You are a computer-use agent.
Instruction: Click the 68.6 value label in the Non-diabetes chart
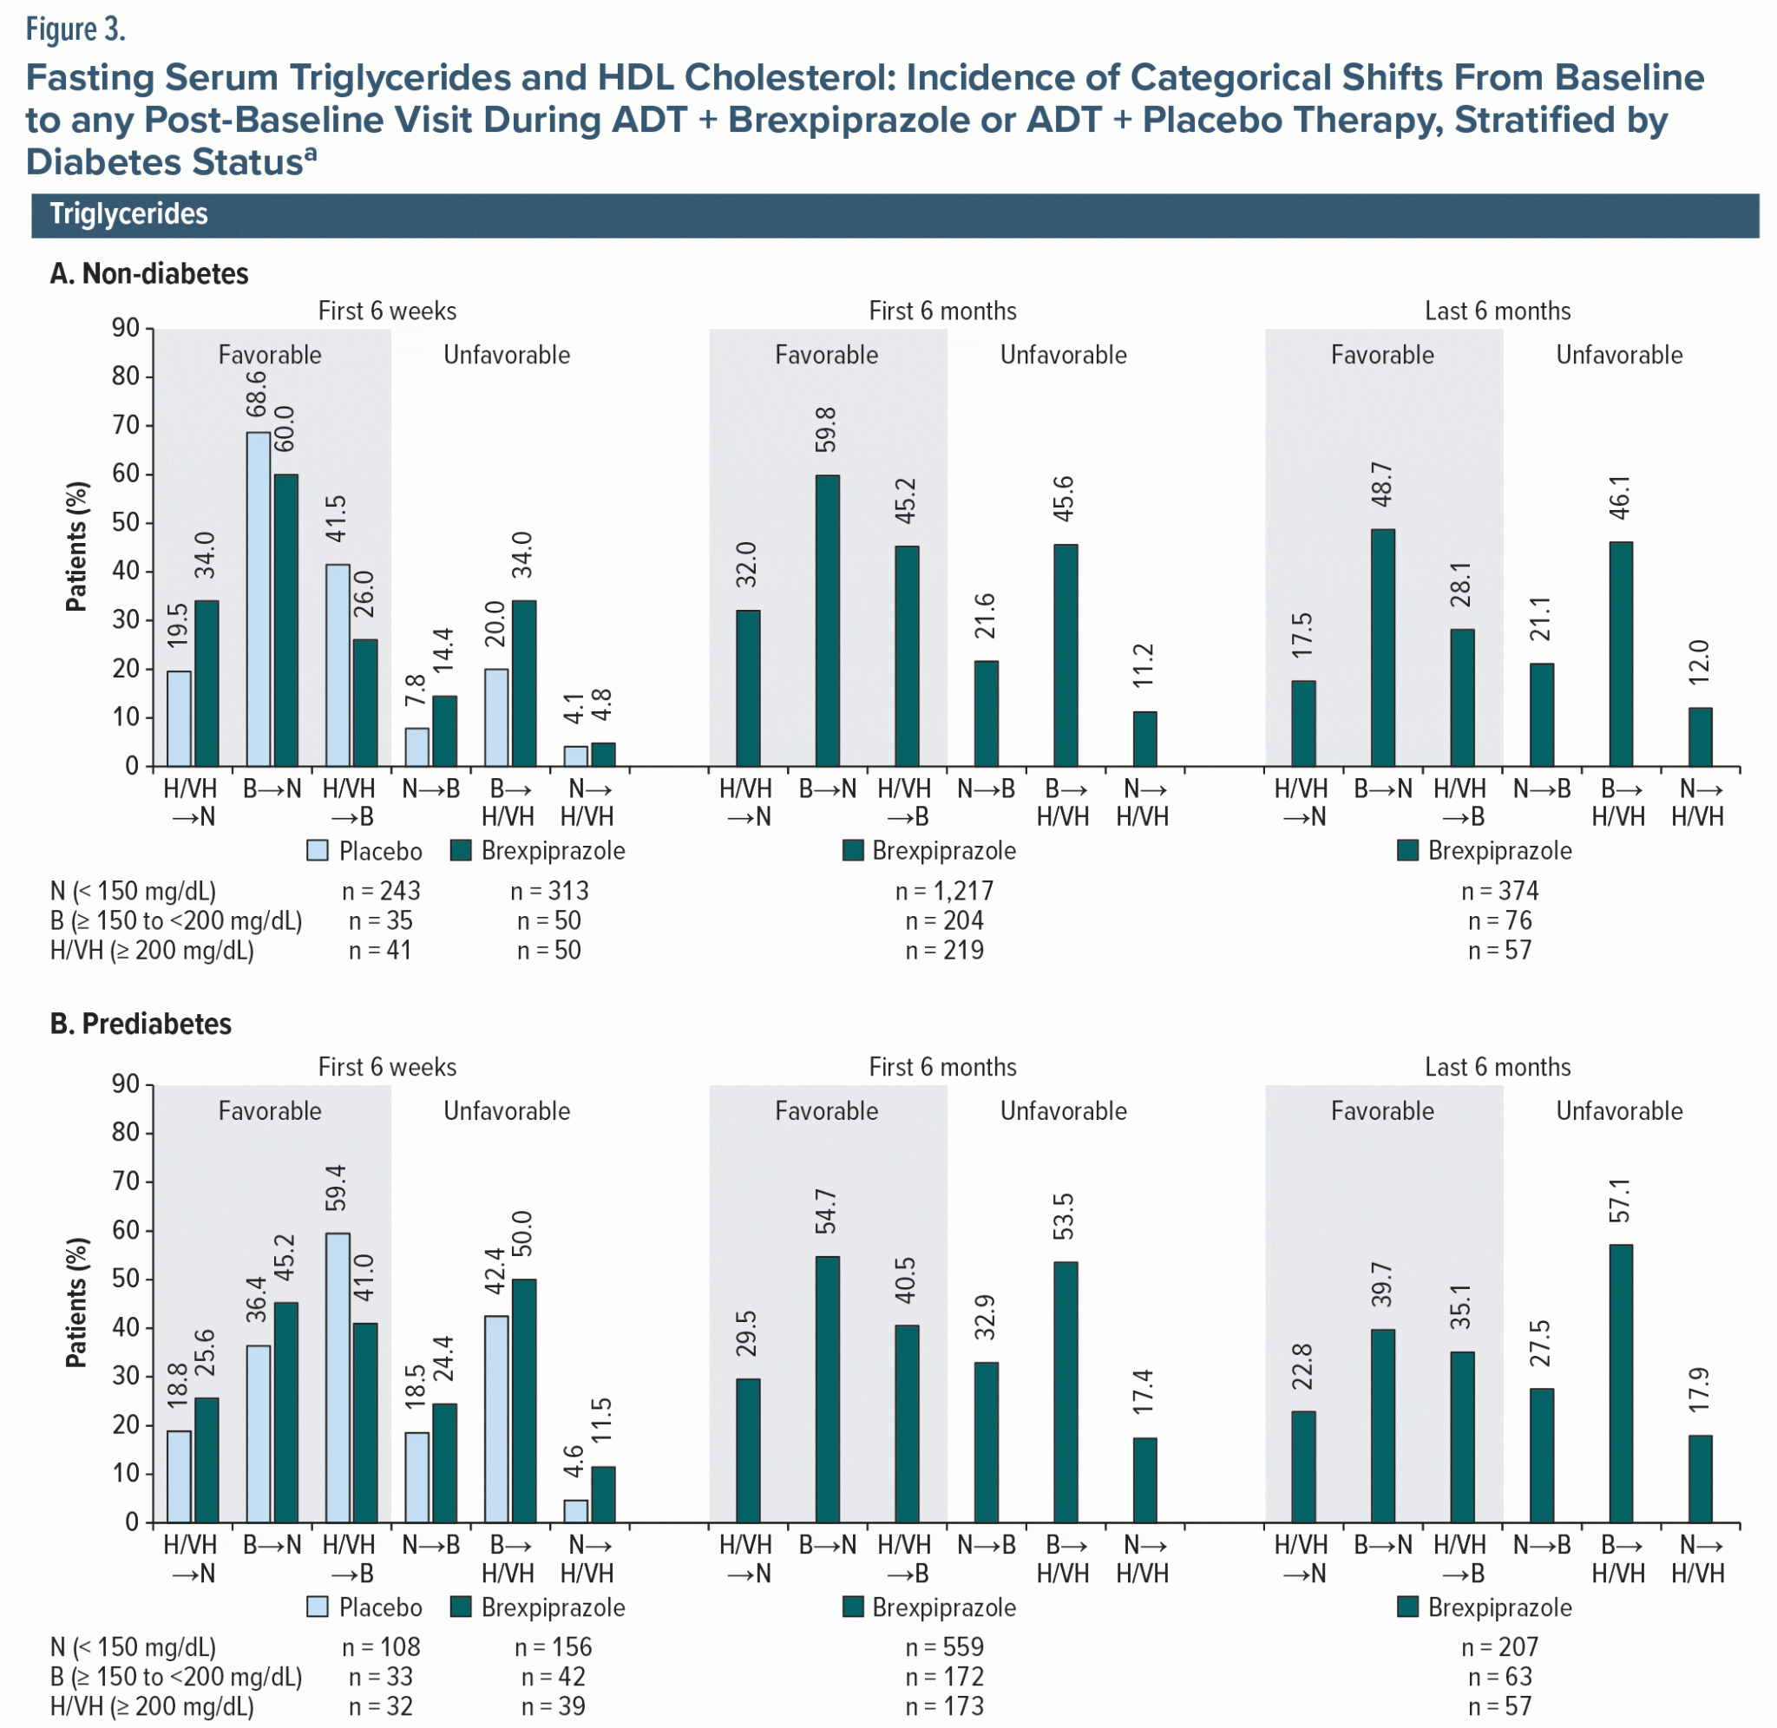pyautogui.click(x=257, y=393)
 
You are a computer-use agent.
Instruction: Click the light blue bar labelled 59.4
pyautogui.click(x=338, y=1377)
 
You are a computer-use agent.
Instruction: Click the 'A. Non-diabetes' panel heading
pyautogui.click(x=149, y=274)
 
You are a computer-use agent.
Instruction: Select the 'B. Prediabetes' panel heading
pyautogui.click(x=141, y=1024)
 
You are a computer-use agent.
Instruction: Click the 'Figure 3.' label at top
pyautogui.click(x=75, y=30)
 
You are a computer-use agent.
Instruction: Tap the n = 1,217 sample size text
pyautogui.click(x=944, y=891)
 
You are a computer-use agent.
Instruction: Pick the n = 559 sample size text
pyautogui.click(x=944, y=1647)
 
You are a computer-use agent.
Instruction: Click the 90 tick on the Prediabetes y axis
pyautogui.click(x=126, y=1083)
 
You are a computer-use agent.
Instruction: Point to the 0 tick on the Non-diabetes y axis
pyautogui.click(x=133, y=766)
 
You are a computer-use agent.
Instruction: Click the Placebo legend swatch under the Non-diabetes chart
pyautogui.click(x=318, y=850)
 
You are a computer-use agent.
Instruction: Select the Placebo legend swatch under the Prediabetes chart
pyautogui.click(x=318, y=1607)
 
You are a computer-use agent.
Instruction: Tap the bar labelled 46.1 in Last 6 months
pyautogui.click(x=1620, y=653)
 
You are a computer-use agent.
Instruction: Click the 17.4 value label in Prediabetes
pyautogui.click(x=1143, y=1391)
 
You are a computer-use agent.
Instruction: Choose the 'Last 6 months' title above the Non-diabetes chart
pyautogui.click(x=1498, y=311)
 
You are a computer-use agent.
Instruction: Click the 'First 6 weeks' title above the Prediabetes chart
pyautogui.click(x=388, y=1067)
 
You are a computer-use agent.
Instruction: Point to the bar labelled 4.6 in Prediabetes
pyautogui.click(x=575, y=1510)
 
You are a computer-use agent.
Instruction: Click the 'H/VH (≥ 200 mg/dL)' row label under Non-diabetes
pyautogui.click(x=152, y=950)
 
